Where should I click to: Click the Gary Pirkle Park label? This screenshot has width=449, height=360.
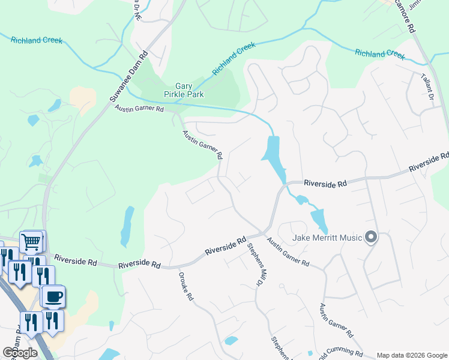pos(184,90)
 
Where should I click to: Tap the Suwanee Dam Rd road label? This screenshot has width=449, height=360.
pos(128,77)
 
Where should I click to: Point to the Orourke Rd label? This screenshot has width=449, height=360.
pos(185,287)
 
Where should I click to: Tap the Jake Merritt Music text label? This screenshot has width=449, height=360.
pos(327,238)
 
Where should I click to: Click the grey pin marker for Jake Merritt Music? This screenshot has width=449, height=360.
pos(371,238)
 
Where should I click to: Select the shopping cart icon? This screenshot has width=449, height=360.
pos(31,242)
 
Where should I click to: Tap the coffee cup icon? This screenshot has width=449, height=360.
pos(53,296)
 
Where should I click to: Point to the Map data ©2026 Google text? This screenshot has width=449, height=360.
pos(412,355)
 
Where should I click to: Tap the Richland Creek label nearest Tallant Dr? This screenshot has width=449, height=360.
pos(380,53)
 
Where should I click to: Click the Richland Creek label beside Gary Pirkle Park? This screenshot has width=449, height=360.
pos(234,58)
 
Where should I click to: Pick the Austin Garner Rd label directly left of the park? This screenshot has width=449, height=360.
pos(139,109)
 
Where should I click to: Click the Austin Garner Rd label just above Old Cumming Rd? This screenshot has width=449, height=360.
pos(335,320)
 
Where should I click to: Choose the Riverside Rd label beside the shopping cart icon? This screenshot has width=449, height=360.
pos(76,260)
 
